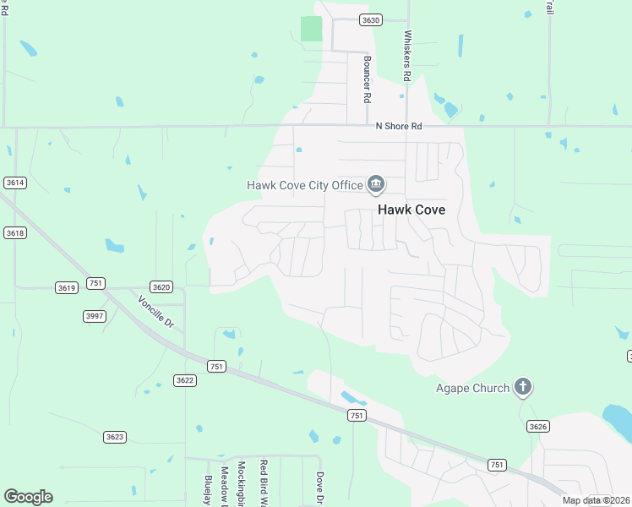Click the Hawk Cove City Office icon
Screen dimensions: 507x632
pyautogui.click(x=376, y=184)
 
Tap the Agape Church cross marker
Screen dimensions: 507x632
pyautogui.click(x=523, y=388)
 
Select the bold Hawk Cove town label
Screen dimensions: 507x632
pyautogui.click(x=411, y=210)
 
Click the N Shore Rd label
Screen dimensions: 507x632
pyautogui.click(x=399, y=126)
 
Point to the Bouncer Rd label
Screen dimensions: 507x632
pyautogui.click(x=368, y=79)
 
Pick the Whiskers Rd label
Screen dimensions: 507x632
pyautogui.click(x=407, y=56)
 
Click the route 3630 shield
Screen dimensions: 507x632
pyautogui.click(x=370, y=19)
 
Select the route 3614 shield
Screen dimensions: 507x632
pyautogui.click(x=14, y=183)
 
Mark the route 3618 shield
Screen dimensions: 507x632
pyautogui.click(x=14, y=232)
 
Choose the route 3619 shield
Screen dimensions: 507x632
pyautogui.click(x=67, y=287)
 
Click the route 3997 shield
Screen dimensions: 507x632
pyautogui.click(x=95, y=315)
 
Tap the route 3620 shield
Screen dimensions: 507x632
pyautogui.click(x=161, y=286)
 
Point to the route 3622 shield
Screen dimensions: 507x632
pyautogui.click(x=185, y=380)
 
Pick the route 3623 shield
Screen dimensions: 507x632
pyautogui.click(x=115, y=437)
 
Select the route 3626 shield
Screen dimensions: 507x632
pyautogui.click(x=537, y=426)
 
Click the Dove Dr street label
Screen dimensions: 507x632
pyautogui.click(x=320, y=488)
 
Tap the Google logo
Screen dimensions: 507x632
pyautogui.click(x=28, y=497)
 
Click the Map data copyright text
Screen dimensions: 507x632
pyautogui.click(x=596, y=500)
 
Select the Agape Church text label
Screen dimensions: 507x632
pyautogui.click(x=472, y=388)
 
